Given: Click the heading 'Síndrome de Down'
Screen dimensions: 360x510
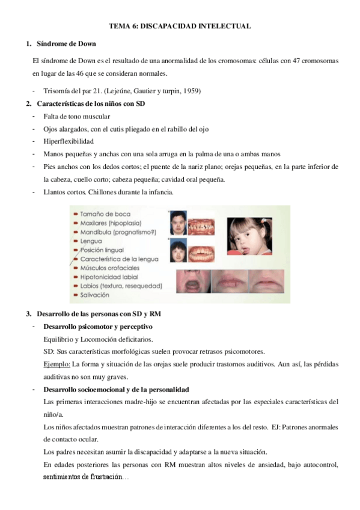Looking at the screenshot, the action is (x=66, y=45).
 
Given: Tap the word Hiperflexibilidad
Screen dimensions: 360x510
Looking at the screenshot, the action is (x=70, y=141).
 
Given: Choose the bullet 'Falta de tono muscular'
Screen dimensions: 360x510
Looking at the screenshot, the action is (x=76, y=115).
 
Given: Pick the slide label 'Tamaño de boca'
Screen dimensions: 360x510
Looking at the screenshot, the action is (x=105, y=214).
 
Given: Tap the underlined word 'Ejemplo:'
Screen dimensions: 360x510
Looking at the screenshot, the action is (x=57, y=364).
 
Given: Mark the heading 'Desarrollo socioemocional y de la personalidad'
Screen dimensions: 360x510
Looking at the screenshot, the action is (x=117, y=390).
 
